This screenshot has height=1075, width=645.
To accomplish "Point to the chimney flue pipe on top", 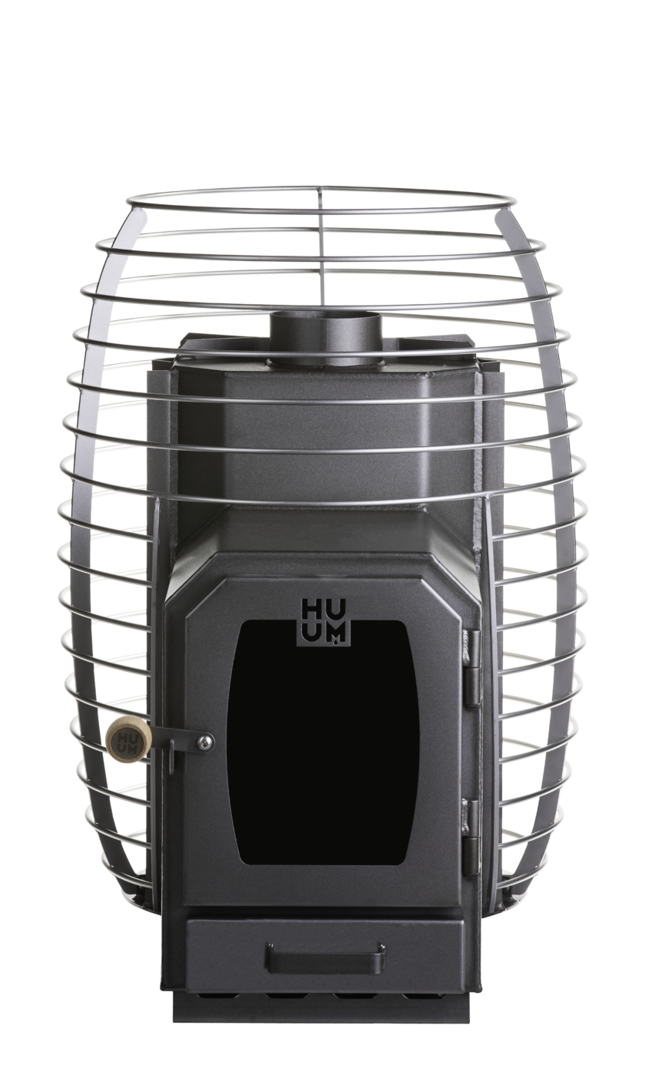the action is pyautogui.click(x=326, y=337).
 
